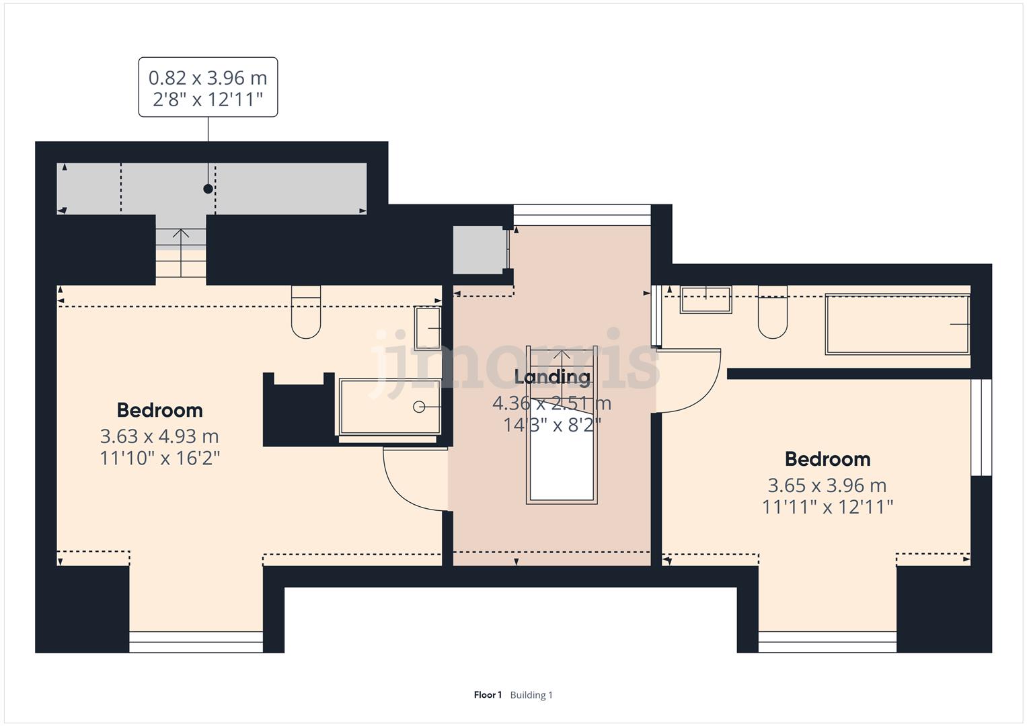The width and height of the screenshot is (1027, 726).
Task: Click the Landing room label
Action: pos(552,376)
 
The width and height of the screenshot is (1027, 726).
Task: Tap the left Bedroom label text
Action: pos(159,410)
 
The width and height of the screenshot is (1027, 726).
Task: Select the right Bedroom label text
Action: pos(827,459)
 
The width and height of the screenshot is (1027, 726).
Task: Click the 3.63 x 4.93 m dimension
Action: pos(159,436)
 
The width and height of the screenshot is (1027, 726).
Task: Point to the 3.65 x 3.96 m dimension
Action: pos(827,485)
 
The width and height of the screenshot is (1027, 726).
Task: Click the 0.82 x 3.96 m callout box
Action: pos(208,87)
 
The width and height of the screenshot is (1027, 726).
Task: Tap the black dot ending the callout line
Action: pos(208,189)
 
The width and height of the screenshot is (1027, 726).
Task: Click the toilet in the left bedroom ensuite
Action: pos(306,312)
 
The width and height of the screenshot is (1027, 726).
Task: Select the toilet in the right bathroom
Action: pos(773,312)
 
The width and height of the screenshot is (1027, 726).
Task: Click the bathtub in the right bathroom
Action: pos(897,324)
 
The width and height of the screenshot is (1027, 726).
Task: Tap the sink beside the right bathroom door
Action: pos(706,300)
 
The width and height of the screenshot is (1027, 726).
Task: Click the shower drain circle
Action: pos(418,407)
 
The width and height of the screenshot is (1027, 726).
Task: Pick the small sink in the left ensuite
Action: pos(428,328)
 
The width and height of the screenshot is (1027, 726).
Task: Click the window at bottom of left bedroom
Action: pos(196,642)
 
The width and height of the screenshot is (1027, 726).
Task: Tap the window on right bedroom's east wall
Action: pos(981,428)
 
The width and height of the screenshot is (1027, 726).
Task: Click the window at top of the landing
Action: pos(582,215)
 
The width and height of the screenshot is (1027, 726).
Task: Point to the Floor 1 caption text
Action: pos(488,695)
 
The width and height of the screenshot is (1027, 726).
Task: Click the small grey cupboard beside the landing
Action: pos(478,250)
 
